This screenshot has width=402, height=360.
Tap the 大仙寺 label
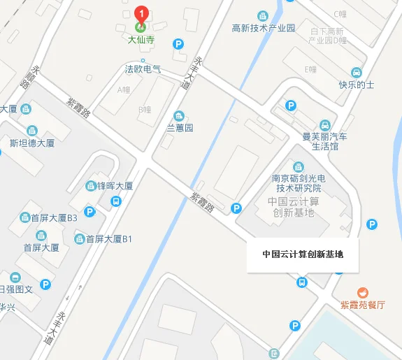click(141, 41)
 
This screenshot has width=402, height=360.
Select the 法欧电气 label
click(143, 69)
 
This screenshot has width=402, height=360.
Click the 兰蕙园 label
click(180, 128)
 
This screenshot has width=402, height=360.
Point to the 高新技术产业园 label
click(264, 28)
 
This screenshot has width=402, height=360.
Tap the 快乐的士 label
click(357, 85)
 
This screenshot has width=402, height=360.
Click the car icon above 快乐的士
click(357, 72)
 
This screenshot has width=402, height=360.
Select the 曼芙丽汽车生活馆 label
click(324, 142)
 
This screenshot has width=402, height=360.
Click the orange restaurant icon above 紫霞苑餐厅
click(362, 291)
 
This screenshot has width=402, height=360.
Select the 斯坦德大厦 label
click(32, 143)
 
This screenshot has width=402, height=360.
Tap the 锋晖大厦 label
click(115, 186)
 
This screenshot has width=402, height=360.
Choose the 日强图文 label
click(20, 288)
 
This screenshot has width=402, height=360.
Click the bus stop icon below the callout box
click(302, 282)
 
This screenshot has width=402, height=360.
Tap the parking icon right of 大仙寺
click(178, 43)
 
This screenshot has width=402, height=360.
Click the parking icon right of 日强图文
click(46, 285)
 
